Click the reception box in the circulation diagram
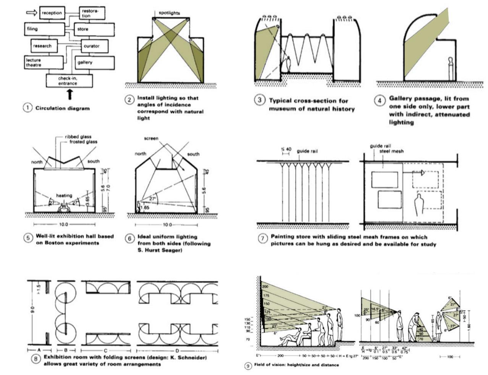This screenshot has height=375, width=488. pyautogui.click(x=52, y=13)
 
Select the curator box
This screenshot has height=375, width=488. pyautogui.click(x=92, y=46)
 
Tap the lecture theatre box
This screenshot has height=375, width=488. pyautogui.click(x=44, y=62)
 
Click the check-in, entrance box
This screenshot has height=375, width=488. pyautogui.click(x=69, y=80)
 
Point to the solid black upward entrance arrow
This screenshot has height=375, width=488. pyautogui.click(x=70, y=94)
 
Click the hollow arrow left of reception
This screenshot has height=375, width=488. pyautogui.click(x=31, y=13)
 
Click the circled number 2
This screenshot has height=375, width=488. pyautogui.click(x=129, y=100)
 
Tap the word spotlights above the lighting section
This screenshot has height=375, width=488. pyautogui.click(x=170, y=13)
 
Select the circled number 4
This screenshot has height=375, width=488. pyautogui.click(x=379, y=101)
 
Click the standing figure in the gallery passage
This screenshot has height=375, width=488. pyautogui.click(x=451, y=69)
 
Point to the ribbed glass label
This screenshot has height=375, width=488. pyautogui.click(x=78, y=137)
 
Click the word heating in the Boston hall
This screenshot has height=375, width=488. pyautogui.click(x=64, y=195)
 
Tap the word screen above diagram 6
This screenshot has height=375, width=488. pyautogui.click(x=151, y=138)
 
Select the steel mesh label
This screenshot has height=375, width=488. pyautogui.click(x=392, y=151)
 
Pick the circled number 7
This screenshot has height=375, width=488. pyautogui.click(x=262, y=239)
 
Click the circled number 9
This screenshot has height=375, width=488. pyautogui.click(x=248, y=366)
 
